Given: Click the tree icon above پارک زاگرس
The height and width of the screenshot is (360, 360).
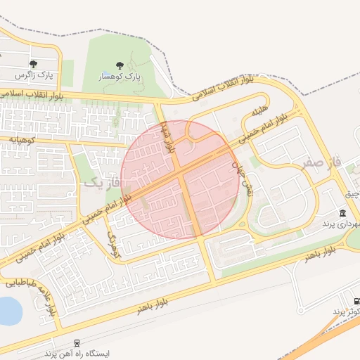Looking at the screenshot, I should [35, 63].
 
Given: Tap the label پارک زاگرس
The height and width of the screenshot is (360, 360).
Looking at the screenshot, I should [34, 74].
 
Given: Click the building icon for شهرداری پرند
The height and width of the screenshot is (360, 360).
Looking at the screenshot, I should [342, 213].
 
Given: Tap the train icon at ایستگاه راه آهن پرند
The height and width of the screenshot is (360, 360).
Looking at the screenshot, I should [76, 344].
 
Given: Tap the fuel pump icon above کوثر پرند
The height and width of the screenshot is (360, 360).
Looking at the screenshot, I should [355, 300].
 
